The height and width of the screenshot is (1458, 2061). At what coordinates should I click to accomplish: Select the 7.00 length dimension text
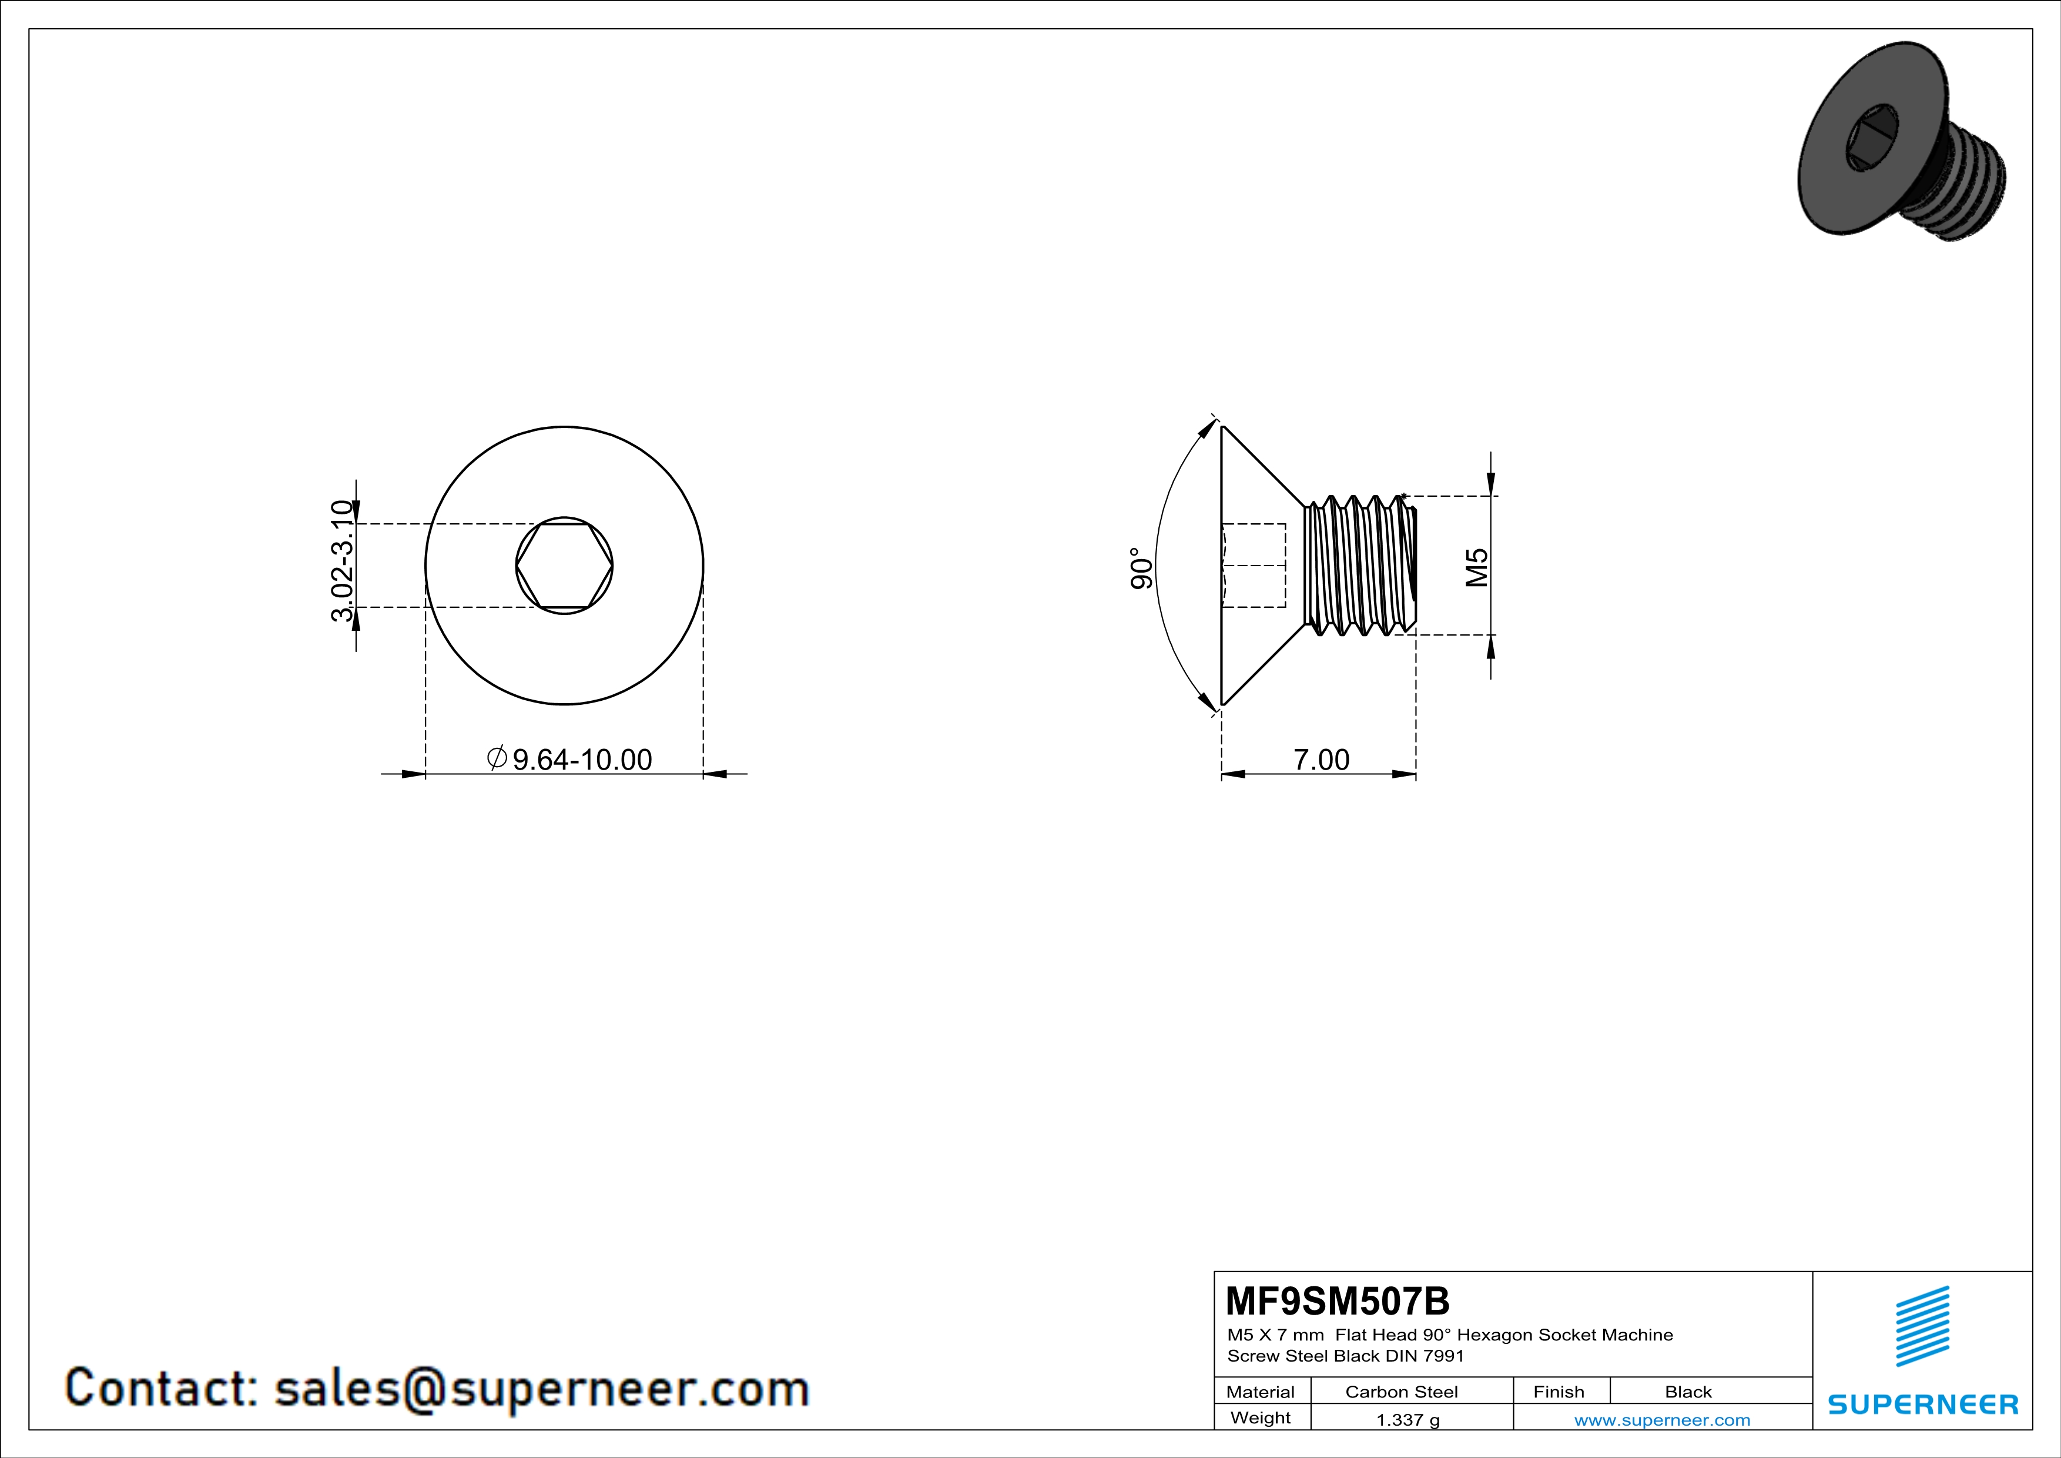pyautogui.click(x=1321, y=760)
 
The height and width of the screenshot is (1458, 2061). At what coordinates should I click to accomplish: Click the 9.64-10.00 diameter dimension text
pyautogui.click(x=582, y=760)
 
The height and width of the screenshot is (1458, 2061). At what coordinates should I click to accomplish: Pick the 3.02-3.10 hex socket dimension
pyautogui.click(x=342, y=561)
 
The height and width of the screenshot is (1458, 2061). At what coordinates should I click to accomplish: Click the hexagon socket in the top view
pyautogui.click(x=564, y=566)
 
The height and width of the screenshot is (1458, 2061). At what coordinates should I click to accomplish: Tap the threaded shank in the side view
pyautogui.click(x=1360, y=566)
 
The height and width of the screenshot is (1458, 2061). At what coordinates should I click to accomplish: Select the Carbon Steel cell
pyautogui.click(x=1401, y=1392)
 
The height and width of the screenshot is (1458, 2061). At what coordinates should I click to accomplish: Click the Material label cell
pyautogui.click(x=1261, y=1392)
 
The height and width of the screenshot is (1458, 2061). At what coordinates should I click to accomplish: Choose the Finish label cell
pyautogui.click(x=1559, y=1392)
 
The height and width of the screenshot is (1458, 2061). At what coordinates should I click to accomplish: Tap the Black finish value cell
pyautogui.click(x=1688, y=1392)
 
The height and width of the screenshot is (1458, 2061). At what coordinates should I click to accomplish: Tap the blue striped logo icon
pyautogui.click(x=1922, y=1326)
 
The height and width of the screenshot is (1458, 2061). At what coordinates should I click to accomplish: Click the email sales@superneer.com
pyautogui.click(x=541, y=1388)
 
